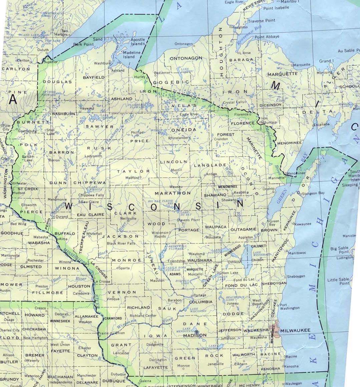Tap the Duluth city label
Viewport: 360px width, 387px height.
(x=43, y=50)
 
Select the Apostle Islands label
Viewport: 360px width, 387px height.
(x=138, y=42)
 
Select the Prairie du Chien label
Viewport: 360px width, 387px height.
(x=111, y=333)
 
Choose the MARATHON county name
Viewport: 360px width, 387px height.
(x=173, y=193)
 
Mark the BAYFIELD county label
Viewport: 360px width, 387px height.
(x=94, y=77)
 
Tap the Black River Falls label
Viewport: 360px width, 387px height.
(x=121, y=243)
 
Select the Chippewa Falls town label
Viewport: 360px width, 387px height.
(x=91, y=195)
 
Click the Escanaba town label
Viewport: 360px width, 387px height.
(x=322, y=124)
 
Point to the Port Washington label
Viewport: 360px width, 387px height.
(x=289, y=307)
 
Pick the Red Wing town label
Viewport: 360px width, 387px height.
(x=18, y=224)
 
